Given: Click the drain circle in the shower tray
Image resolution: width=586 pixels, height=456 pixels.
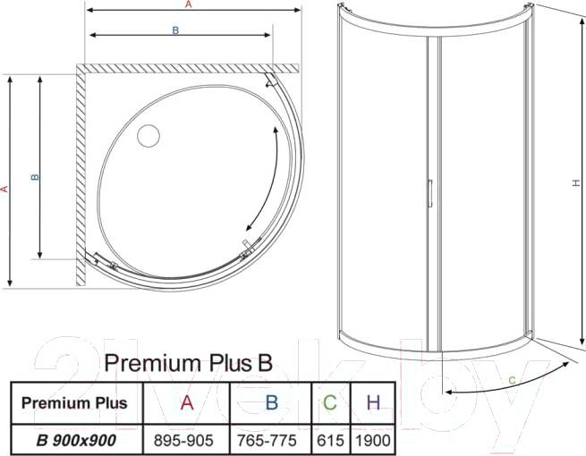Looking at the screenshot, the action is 149,136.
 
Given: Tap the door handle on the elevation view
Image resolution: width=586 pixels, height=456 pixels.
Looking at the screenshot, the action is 430,193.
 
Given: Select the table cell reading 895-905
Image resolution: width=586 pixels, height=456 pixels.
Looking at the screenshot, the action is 183,440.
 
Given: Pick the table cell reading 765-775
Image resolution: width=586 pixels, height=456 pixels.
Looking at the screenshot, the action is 267,440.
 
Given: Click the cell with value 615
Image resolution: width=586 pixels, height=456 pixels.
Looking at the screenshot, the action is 330,440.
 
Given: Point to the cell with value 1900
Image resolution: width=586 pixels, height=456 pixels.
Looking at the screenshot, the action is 373,440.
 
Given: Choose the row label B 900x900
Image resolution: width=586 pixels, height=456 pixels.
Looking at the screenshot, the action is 76,440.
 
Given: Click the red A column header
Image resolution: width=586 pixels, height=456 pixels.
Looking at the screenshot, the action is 187,402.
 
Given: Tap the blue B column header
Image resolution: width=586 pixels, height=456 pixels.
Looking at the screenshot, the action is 272,402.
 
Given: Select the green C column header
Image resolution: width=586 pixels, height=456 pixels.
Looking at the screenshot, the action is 330,402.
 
